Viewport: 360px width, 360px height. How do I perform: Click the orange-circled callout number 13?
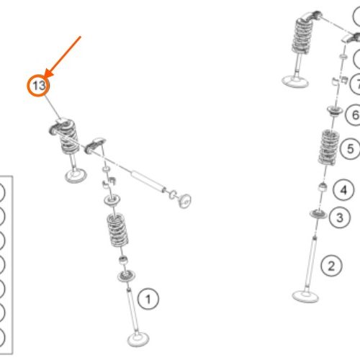(38, 86)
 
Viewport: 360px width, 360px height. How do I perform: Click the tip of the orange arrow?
(45, 77)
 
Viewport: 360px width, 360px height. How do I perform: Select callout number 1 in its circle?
(148, 299)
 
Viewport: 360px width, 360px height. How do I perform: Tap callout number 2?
(331, 266)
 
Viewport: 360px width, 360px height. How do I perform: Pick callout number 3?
(340, 217)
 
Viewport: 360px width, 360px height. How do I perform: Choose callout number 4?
(343, 190)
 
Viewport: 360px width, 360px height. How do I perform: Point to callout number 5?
(351, 148)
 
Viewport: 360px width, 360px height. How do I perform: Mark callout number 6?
(355, 114)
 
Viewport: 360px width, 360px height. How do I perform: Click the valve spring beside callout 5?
(328, 147)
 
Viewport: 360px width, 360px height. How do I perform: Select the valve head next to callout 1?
(138, 339)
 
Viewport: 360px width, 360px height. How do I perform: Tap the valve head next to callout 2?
(305, 296)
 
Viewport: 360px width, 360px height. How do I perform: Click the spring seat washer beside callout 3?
(318, 213)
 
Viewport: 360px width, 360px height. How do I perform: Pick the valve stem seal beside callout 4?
(323, 186)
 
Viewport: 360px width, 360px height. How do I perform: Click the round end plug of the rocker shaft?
(184, 201)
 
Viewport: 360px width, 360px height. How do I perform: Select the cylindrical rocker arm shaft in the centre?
(148, 181)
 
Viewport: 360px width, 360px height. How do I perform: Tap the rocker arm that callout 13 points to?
(60, 125)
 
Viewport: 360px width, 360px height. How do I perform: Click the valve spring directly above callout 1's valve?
(117, 230)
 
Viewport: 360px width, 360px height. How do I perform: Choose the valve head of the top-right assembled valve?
(295, 81)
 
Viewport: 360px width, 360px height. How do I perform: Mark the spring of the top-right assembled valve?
(302, 35)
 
